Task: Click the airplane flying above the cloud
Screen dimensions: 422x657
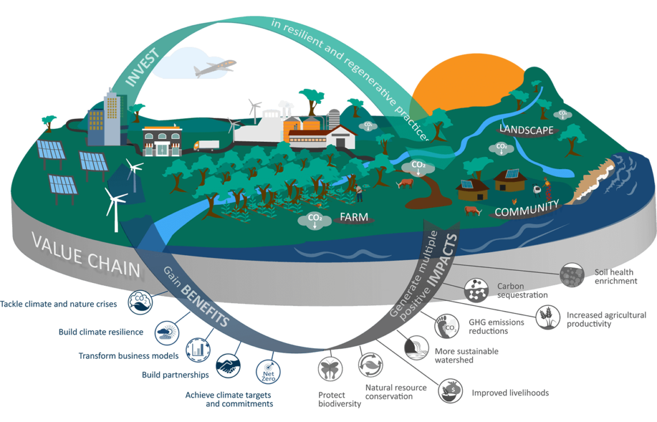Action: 215,68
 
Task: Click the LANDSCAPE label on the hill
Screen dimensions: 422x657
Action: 526,130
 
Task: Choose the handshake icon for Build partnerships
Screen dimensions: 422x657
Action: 228,365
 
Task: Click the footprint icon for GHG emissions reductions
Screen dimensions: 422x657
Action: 447,324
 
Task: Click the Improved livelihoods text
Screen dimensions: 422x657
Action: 510,393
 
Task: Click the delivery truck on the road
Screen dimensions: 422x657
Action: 206,145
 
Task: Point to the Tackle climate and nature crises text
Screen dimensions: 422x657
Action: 59,304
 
